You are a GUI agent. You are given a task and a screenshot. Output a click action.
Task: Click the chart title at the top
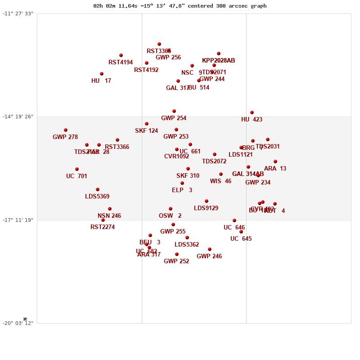[x=180, y=6]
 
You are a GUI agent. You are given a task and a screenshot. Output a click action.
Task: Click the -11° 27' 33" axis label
[x=18, y=13]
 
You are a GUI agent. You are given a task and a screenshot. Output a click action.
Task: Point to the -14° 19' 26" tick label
[x=18, y=117]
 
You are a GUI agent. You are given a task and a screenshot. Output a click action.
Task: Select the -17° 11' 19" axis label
[x=18, y=220]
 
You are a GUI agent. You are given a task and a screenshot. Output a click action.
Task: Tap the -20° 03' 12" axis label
[x=18, y=323]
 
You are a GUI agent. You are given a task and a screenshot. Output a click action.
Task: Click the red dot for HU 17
[x=102, y=74]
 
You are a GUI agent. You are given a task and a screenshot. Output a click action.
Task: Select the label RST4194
[x=121, y=63]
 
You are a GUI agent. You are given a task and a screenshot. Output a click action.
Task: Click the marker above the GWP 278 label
[x=66, y=130]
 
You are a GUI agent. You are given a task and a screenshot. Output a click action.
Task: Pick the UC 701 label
[x=76, y=176]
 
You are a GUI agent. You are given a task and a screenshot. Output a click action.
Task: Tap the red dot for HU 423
[x=252, y=112]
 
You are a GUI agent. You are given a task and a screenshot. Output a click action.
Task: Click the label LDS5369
[x=97, y=197]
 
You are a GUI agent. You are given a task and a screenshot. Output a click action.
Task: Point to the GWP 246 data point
[x=210, y=249]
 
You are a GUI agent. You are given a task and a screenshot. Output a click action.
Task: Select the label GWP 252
[x=176, y=261]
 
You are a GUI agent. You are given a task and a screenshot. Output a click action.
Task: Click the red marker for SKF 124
[x=147, y=124]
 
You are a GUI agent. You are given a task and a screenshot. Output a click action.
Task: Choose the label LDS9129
[x=206, y=208]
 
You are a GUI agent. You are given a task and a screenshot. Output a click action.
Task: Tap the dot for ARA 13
[x=275, y=162]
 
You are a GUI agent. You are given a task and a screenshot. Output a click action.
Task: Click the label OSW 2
[x=170, y=216]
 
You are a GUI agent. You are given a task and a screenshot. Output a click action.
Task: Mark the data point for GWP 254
[x=174, y=111]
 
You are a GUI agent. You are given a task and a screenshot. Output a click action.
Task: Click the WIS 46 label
[x=220, y=181]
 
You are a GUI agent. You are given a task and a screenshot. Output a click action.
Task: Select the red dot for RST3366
[x=117, y=140]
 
